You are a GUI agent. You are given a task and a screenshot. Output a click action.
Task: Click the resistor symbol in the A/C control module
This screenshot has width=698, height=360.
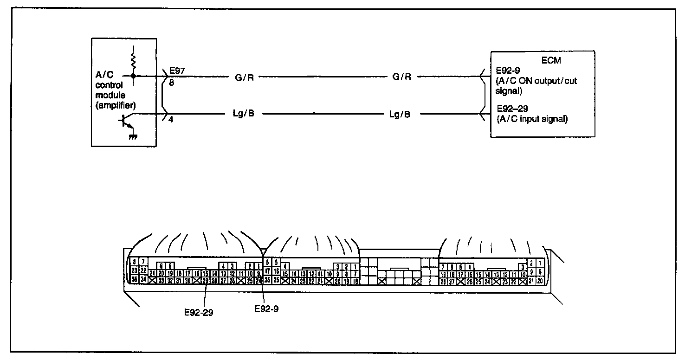tap(134, 59)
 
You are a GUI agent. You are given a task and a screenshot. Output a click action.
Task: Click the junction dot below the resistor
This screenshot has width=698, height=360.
tap(134, 76)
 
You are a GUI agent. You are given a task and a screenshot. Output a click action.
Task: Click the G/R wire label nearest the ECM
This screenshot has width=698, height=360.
tap(402, 77)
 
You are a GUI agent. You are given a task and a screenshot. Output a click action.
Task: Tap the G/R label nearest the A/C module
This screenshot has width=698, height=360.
tap(244, 77)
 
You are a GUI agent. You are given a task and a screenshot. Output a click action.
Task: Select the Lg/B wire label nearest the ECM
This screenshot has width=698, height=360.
tap(400, 114)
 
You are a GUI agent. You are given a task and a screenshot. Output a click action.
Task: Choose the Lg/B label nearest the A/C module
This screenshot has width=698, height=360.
tap(243, 114)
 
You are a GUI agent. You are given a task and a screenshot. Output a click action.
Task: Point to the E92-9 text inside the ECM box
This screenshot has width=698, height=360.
tap(508, 71)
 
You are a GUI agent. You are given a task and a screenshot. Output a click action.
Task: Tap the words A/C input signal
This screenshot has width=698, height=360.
tap(532, 119)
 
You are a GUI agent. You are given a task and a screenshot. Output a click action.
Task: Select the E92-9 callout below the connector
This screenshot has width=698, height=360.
tap(266, 308)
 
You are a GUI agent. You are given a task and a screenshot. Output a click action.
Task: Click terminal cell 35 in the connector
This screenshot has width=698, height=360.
tap(135, 279)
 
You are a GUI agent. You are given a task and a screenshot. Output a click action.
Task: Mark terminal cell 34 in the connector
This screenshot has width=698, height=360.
tap(144, 279)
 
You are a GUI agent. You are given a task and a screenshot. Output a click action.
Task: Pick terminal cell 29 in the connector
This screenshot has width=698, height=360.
tap(206, 280)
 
